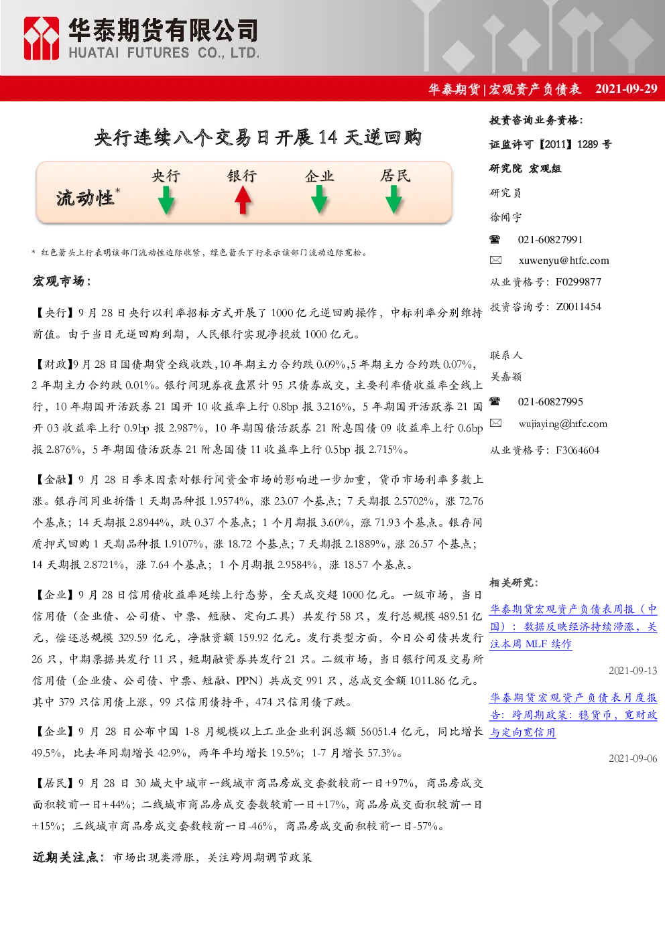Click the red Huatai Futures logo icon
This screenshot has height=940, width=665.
point(41,38)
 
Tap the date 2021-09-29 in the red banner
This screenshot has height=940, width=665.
point(626,88)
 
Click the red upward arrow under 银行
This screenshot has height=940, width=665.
point(243,200)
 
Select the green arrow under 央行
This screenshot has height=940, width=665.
point(166,200)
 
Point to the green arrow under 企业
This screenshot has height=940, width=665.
point(319,200)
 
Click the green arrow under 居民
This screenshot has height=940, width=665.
point(394,200)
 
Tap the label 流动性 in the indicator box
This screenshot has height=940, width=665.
point(85,198)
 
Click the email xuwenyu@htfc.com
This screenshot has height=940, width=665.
point(564,261)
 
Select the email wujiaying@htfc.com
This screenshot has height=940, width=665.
point(563,423)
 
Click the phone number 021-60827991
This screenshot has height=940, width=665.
point(550,240)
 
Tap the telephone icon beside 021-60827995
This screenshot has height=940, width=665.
point(495,401)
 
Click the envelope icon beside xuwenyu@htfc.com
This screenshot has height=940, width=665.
point(495,260)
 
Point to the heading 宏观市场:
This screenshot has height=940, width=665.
point(62,281)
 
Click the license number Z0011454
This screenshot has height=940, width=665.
point(579,307)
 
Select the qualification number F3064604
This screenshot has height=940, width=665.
point(578,450)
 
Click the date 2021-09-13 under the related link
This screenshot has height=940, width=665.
point(633,671)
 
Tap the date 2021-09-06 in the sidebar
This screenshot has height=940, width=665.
point(633,758)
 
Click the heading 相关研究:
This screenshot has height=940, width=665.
point(514,582)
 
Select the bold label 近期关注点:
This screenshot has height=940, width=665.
point(68,858)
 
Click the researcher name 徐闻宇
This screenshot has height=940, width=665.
point(505,217)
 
